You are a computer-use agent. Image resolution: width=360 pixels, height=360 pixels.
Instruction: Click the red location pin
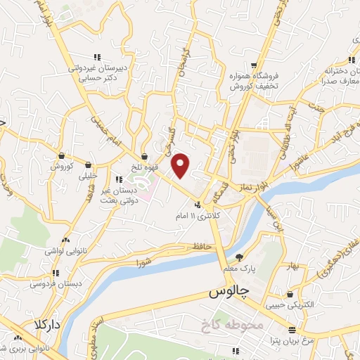[x=181, y=166]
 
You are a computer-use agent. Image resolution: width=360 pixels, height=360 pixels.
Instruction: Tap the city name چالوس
[x=229, y=292]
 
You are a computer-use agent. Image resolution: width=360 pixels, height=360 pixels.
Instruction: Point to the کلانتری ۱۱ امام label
[x=202, y=217]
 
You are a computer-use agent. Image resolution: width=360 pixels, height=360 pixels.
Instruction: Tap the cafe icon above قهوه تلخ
[x=145, y=156]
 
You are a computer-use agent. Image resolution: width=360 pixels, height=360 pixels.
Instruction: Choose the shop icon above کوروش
[x=62, y=155]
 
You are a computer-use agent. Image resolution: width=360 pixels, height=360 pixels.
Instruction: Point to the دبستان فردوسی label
[x=51, y=285]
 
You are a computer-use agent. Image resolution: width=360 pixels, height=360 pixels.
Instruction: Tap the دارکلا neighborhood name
[x=27, y=326]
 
